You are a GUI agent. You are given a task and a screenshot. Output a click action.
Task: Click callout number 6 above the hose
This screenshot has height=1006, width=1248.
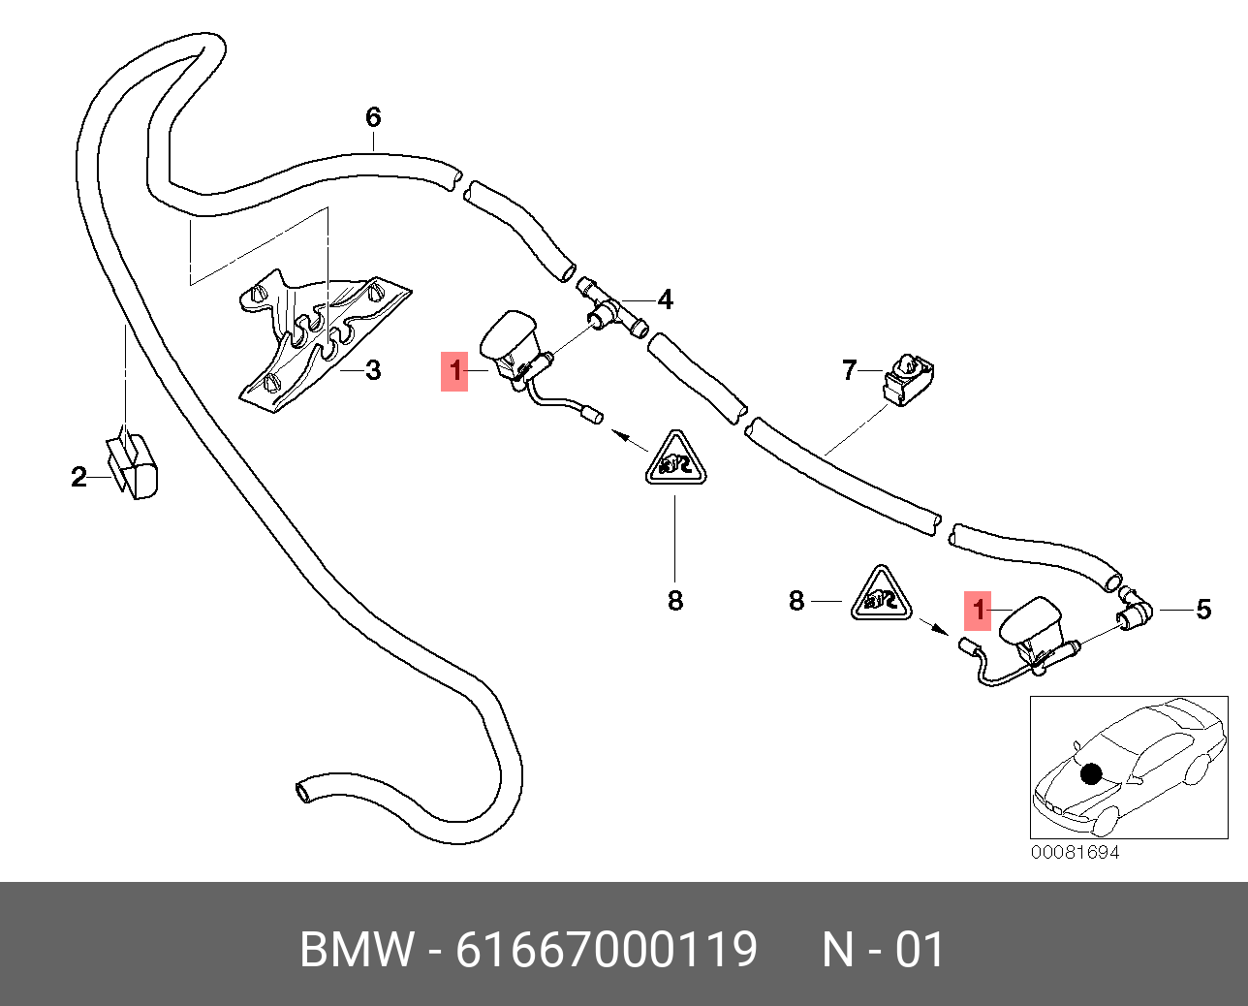373,117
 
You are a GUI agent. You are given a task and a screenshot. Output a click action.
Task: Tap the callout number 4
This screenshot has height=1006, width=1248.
666,300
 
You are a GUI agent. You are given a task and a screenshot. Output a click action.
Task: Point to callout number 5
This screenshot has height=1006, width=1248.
1203,610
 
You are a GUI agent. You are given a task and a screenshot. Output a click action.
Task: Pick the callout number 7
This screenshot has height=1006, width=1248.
850,370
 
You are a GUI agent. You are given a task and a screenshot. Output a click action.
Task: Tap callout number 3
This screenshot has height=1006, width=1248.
373,370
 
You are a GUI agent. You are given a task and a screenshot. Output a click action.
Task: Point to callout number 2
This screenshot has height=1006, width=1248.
78,477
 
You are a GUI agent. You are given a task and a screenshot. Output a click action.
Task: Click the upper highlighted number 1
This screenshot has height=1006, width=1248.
455,371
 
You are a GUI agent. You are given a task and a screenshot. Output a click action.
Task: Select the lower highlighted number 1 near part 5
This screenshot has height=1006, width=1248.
978,610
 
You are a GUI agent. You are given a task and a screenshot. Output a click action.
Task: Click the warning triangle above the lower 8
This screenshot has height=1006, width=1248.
675,460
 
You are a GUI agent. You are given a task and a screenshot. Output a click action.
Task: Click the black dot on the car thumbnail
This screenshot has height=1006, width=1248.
1092,774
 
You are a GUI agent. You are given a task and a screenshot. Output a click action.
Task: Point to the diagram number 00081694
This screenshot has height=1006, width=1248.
1075,852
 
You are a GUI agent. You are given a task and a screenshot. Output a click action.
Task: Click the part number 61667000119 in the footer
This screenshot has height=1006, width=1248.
607,950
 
